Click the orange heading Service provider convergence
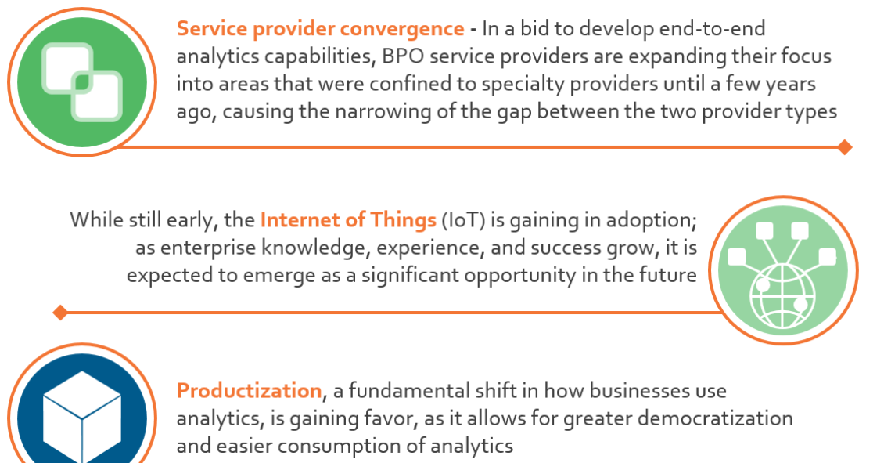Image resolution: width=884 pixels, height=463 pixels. (x=320, y=29)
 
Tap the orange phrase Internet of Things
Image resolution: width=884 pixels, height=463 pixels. (x=348, y=219)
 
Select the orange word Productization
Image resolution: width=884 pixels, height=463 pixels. (x=250, y=391)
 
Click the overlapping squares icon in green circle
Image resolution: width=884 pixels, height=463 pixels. (x=82, y=82)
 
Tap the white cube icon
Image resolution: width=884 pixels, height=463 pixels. (x=82, y=417)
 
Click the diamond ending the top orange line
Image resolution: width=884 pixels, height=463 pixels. (x=845, y=147)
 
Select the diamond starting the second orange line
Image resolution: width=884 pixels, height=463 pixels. (x=60, y=313)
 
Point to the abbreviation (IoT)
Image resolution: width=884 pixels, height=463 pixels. (x=463, y=220)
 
